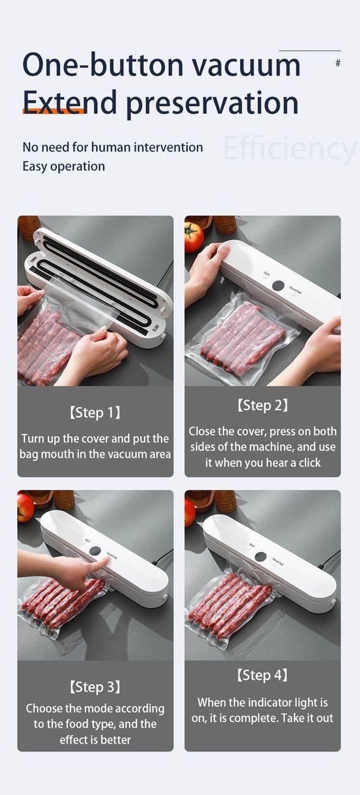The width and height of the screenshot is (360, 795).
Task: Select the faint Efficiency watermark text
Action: tap(289, 148)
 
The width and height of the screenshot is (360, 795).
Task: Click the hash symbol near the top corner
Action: tap(338, 63)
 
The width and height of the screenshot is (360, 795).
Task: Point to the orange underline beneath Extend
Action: tap(53, 111)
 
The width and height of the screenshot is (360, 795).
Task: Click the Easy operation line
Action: tap(64, 166)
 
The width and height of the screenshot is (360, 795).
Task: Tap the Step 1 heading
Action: tap(95, 413)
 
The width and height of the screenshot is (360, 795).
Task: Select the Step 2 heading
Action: tap(262, 405)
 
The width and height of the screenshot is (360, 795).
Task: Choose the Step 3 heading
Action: tap(95, 687)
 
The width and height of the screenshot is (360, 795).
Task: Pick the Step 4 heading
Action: tap(262, 676)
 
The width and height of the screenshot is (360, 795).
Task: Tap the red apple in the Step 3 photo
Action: tap(25, 507)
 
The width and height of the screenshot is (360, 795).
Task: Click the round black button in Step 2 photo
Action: tap(278, 286)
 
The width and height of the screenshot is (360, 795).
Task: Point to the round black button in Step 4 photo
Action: tap(260, 558)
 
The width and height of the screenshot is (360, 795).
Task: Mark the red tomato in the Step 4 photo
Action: tap(190, 512)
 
